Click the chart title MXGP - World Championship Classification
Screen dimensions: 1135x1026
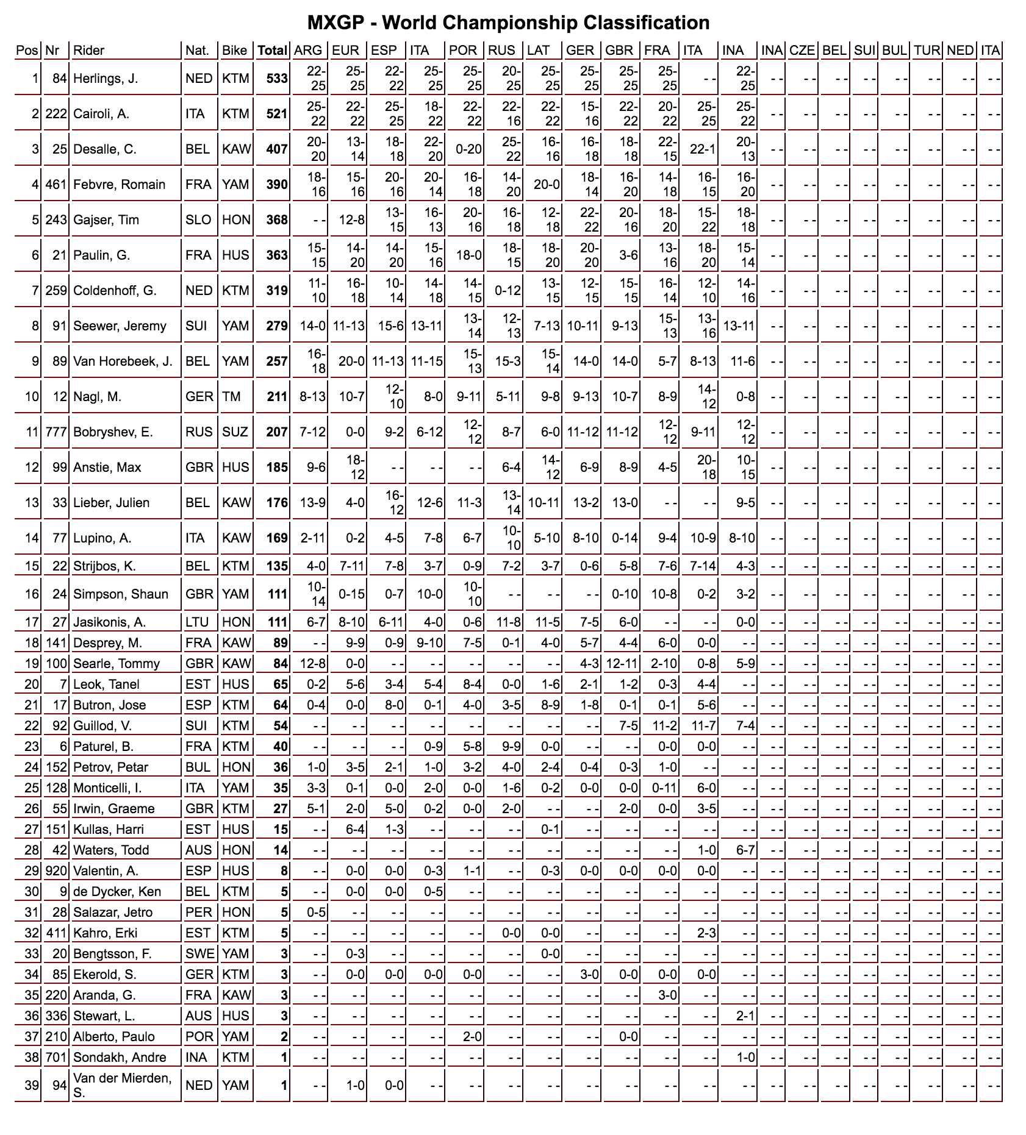pyautogui.click(x=508, y=23)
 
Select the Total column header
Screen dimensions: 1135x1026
pyautogui.click(x=272, y=50)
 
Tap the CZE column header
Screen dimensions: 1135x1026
pyautogui.click(x=802, y=50)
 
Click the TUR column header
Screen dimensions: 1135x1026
pyautogui.click(x=927, y=50)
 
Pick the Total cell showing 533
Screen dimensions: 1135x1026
pyautogui.click(x=276, y=79)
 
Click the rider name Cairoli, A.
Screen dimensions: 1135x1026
pyautogui.click(x=101, y=114)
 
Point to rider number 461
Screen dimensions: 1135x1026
pyautogui.click(x=56, y=185)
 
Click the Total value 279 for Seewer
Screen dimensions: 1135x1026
pyautogui.click(x=276, y=326)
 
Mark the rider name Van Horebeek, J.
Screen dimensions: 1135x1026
pyautogui.click(x=123, y=361)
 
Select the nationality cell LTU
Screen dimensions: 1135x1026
pyautogui.click(x=197, y=622)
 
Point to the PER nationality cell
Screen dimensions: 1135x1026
pyautogui.click(x=198, y=913)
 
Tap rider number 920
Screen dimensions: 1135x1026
pyautogui.click(x=56, y=871)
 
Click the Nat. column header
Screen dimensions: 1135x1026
pyautogui.click(x=198, y=50)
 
